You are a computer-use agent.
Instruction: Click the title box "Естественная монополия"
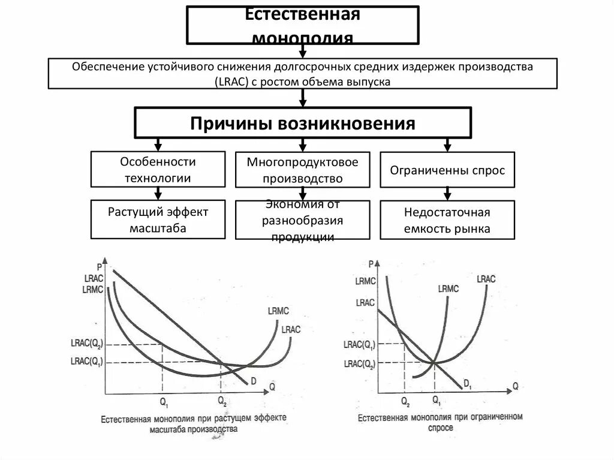[302, 25]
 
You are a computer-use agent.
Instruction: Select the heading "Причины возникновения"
[303, 124]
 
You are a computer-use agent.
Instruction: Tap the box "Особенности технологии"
[158, 169]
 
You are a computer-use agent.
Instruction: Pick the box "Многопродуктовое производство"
[302, 170]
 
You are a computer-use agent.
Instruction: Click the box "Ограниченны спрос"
[447, 170]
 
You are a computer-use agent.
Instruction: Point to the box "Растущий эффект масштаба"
[158, 220]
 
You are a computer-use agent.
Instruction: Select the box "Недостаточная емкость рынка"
[447, 220]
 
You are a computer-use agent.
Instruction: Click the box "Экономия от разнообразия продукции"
[302, 220]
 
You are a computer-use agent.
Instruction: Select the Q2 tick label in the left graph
[222, 400]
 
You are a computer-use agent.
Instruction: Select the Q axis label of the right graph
[514, 387]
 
